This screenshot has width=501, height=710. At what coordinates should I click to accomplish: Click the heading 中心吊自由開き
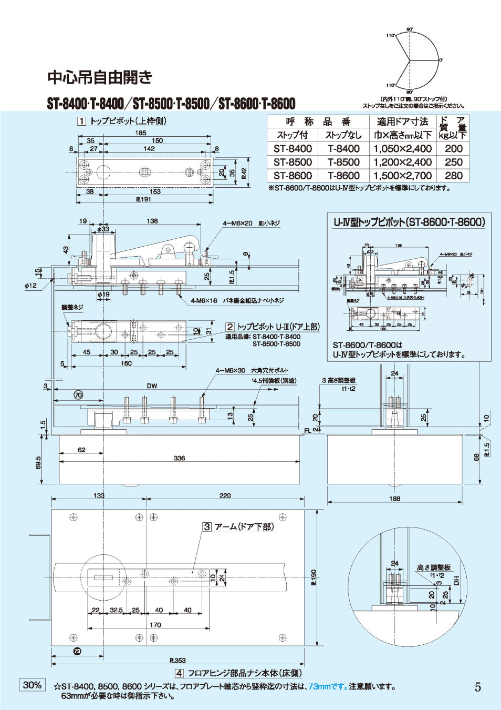(x=100, y=78)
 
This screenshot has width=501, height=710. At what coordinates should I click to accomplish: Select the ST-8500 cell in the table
(x=293, y=163)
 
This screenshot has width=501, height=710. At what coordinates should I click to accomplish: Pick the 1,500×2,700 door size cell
(x=402, y=176)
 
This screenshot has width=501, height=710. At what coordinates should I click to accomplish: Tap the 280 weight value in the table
(x=453, y=176)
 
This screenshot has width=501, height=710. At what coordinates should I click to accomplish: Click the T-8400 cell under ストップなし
(x=343, y=149)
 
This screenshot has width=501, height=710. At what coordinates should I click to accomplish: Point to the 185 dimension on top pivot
(x=141, y=133)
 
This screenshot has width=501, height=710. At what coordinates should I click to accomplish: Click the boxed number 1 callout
(x=81, y=121)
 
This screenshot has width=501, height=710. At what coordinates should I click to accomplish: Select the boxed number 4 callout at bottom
(x=179, y=673)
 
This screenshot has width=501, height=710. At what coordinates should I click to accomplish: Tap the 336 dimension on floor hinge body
(x=179, y=458)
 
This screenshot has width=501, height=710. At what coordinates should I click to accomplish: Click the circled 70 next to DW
(x=78, y=395)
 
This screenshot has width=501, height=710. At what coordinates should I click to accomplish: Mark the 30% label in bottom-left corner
(x=32, y=685)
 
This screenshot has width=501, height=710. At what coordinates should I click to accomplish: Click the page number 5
(x=477, y=687)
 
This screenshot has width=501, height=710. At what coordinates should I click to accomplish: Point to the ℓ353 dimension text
(x=178, y=660)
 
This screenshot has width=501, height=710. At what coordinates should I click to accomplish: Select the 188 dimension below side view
(x=395, y=499)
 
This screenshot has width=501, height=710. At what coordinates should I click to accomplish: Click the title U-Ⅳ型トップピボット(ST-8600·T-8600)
(x=409, y=222)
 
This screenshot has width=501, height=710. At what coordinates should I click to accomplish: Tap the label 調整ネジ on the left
(x=72, y=307)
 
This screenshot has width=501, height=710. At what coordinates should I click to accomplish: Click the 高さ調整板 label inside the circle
(x=434, y=567)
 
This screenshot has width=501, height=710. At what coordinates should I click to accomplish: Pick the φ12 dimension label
(x=30, y=286)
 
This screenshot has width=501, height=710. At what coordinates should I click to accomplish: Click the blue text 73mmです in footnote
(x=328, y=686)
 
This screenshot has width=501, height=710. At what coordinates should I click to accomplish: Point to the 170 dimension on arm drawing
(x=155, y=625)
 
